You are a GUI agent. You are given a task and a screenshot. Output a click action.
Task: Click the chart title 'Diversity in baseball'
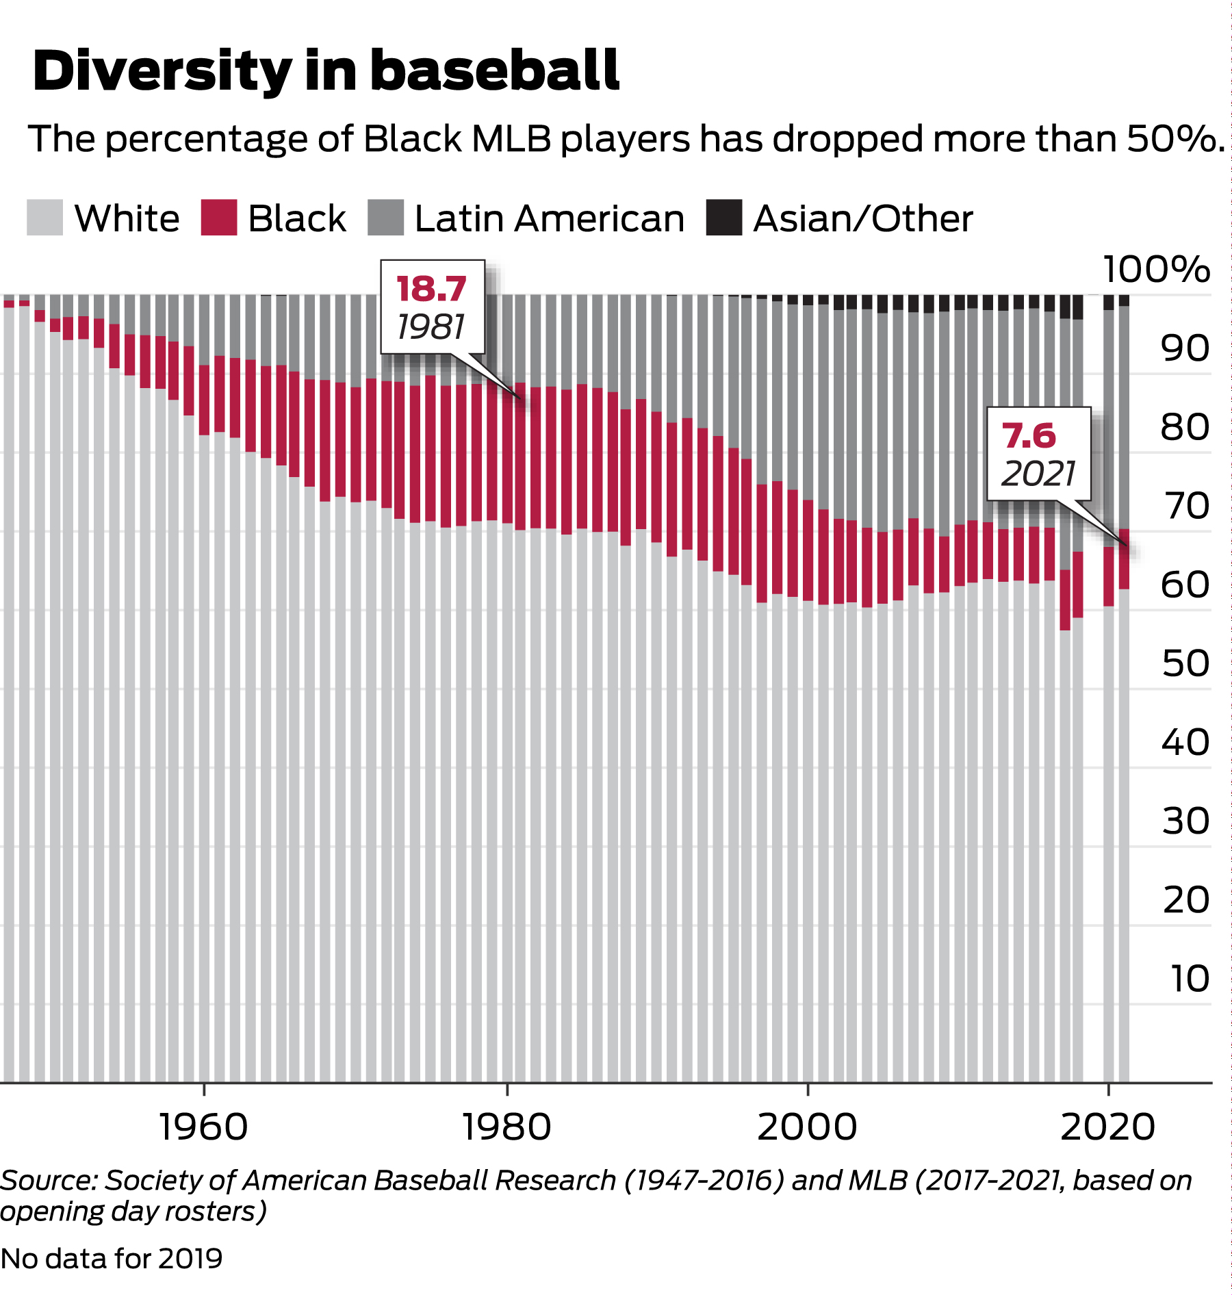(x=326, y=71)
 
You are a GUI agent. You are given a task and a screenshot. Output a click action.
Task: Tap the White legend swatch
(x=44, y=218)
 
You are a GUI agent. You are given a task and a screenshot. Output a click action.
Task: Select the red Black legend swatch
(x=219, y=218)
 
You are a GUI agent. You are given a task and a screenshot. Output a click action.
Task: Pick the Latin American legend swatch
(x=385, y=218)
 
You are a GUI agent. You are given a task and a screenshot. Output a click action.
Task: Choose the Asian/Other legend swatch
(x=724, y=218)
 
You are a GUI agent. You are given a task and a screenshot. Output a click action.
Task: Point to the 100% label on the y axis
(x=1157, y=269)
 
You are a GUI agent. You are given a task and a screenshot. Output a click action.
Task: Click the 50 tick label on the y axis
(x=1185, y=663)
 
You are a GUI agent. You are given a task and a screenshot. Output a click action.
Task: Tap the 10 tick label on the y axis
(x=1190, y=978)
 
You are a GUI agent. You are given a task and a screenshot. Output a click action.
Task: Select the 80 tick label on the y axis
(x=1185, y=427)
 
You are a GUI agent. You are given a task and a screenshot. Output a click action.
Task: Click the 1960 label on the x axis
(x=203, y=1127)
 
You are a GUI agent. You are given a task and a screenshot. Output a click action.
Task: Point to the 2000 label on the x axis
(x=807, y=1127)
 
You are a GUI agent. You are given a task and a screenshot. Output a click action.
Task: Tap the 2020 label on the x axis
(x=1108, y=1127)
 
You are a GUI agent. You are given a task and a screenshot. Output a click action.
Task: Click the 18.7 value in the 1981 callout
(x=431, y=289)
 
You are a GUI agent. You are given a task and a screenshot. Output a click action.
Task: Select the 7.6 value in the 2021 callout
(x=1029, y=436)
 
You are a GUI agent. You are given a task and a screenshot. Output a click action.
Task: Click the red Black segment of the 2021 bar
(x=1124, y=559)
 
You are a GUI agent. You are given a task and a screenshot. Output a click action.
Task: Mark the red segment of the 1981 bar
(x=520, y=457)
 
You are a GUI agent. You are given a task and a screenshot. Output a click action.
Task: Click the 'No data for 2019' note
(x=112, y=1258)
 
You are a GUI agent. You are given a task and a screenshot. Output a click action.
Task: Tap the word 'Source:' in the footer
(x=50, y=1180)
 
